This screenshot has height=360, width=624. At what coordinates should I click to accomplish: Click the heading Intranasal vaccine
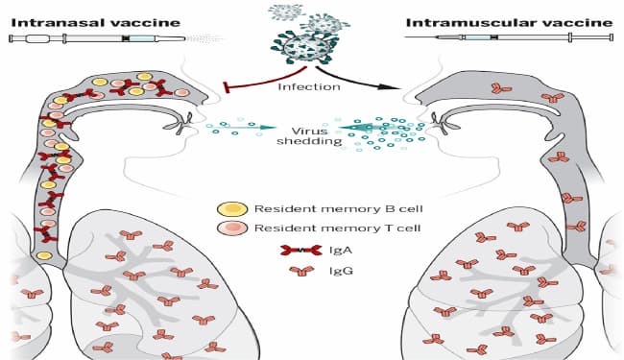(95, 22)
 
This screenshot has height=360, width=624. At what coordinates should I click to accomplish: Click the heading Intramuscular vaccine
(509, 22)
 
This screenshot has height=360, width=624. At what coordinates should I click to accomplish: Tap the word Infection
(309, 86)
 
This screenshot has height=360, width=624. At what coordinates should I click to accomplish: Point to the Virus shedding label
(309, 136)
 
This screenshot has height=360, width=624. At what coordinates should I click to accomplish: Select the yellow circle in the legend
(232, 209)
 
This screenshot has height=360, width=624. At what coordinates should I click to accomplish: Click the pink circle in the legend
(232, 228)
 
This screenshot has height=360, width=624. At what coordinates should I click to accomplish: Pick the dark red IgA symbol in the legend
(301, 251)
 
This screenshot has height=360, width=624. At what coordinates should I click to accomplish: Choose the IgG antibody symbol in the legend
(301, 272)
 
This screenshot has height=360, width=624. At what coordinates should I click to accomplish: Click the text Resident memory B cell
(338, 209)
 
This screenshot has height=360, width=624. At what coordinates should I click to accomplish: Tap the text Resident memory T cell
(338, 228)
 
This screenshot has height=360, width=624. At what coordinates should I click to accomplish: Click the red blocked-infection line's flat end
(227, 87)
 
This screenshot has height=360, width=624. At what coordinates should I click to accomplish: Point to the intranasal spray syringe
(98, 39)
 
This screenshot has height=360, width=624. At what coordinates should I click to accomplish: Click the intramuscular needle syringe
(509, 37)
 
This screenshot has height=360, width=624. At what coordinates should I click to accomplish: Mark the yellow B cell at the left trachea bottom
(44, 255)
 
